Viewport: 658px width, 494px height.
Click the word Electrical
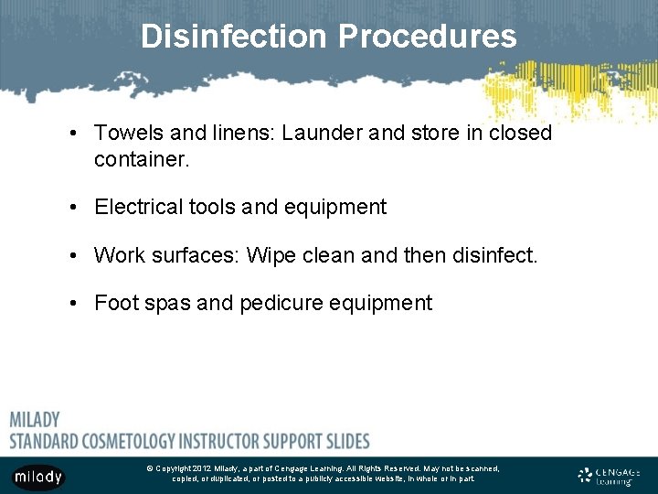(142, 207)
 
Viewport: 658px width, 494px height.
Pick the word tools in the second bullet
(215, 207)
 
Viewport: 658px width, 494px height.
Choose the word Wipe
(271, 255)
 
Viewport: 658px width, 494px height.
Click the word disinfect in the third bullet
(494, 255)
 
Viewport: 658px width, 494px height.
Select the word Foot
(116, 303)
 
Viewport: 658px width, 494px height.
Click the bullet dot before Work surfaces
(71, 255)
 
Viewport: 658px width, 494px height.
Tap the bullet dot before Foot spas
(71, 303)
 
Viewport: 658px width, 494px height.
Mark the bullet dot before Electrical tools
(71, 207)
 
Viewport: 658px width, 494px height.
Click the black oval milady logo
(37, 477)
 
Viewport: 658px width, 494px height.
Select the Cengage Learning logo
(610, 475)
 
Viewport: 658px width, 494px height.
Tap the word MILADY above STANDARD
(35, 420)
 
